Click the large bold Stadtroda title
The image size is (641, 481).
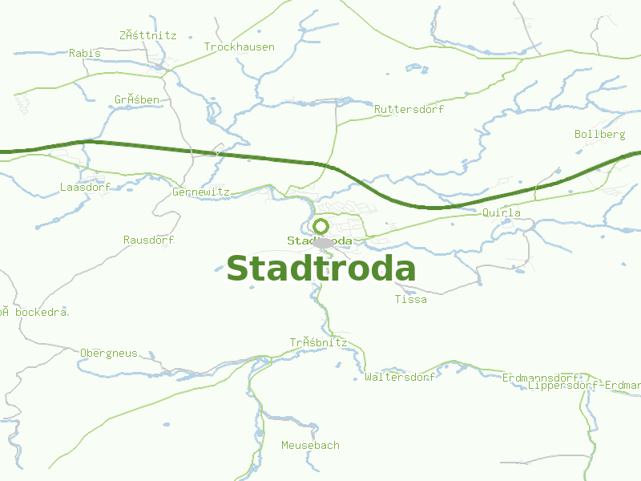(321, 269)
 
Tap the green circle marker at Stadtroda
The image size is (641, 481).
(320, 226)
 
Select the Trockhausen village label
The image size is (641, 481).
(239, 47)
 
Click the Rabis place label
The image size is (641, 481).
(85, 53)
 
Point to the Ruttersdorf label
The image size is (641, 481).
(409, 109)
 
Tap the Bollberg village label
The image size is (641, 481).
(599, 135)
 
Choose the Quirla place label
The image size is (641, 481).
(502, 213)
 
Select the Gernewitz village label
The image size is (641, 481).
(201, 192)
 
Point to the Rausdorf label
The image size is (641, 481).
(148, 240)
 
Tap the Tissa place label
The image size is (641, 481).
(411, 300)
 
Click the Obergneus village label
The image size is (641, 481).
(109, 353)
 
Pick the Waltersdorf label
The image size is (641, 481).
(399, 377)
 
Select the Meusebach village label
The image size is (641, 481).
(310, 445)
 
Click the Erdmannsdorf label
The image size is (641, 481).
(540, 378)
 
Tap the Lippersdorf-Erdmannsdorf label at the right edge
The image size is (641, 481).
(584, 386)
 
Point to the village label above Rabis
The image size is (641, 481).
(147, 35)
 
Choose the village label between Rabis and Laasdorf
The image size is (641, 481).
(136, 100)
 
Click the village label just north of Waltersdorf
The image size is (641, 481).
(318, 342)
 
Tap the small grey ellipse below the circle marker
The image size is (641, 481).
(323, 243)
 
